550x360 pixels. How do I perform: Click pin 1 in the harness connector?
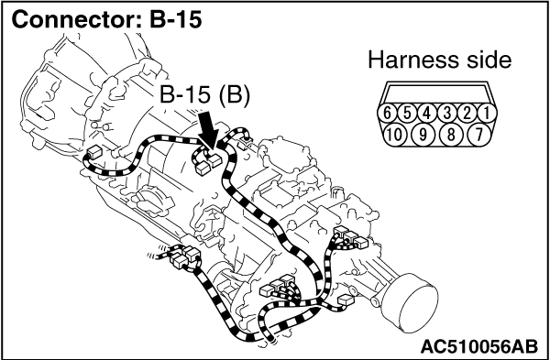[x=487, y=113]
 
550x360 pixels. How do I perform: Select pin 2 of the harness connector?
[x=467, y=113]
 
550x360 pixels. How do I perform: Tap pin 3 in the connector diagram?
[x=447, y=113]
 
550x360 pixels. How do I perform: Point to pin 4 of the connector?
[x=427, y=113]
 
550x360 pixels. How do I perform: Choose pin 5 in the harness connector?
[x=407, y=113]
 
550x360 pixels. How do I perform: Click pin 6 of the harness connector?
[x=387, y=113]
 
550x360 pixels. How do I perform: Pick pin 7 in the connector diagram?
[x=479, y=134]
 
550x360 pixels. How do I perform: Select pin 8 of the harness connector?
[x=451, y=134]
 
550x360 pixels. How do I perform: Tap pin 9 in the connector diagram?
[x=423, y=134]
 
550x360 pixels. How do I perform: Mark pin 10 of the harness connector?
[x=395, y=134]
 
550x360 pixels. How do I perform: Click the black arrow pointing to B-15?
[x=209, y=130]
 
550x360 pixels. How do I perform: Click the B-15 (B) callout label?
[x=204, y=95]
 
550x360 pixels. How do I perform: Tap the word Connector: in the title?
[x=78, y=20]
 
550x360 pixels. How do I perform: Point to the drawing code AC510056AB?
[x=478, y=346]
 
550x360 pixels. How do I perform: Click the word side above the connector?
[x=491, y=60]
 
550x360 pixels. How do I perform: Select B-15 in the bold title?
[x=176, y=20]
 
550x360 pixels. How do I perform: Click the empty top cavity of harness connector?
[x=437, y=93]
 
